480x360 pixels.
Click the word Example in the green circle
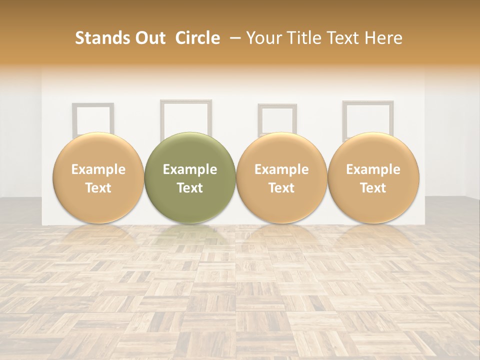[x=190, y=169]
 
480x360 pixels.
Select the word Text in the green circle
[x=190, y=188]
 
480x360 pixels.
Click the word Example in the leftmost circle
[x=98, y=169]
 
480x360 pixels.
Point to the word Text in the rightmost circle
[x=373, y=188]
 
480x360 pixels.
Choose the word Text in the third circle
[x=281, y=188]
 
